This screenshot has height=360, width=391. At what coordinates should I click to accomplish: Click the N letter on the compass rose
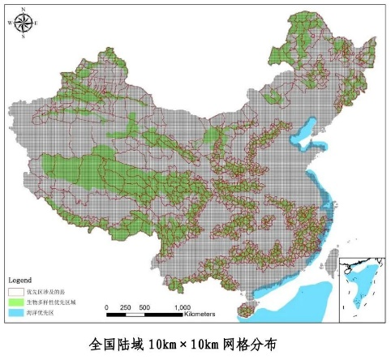[23, 9]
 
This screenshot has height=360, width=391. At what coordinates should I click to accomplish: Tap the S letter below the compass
[23, 36]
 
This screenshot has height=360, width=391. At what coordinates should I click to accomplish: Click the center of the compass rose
[23, 23]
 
